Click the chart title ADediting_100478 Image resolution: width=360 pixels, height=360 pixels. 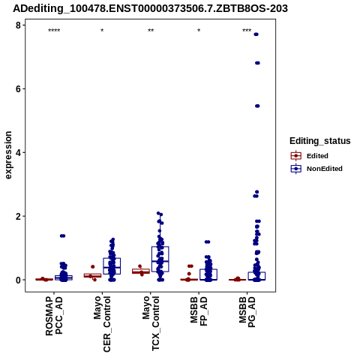tap(150, 8)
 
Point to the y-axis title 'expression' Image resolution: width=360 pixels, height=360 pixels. tap(8, 155)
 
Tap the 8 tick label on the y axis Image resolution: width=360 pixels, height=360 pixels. tap(18, 25)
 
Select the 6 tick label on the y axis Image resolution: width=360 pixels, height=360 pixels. tap(18, 89)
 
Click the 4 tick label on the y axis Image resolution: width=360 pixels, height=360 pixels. tap(18, 152)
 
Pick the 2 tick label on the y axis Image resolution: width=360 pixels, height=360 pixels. tap(18, 216)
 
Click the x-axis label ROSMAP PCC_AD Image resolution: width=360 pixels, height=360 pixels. tap(54, 316)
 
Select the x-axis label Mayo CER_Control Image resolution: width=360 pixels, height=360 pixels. tap(102, 324)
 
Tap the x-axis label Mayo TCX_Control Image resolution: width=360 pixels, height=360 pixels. tap(151, 323)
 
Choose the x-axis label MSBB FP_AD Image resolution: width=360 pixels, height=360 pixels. tap(199, 311)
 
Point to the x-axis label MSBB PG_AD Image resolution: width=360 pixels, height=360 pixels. tap(247, 312)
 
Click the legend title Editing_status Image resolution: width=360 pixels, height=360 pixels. tap(320, 141)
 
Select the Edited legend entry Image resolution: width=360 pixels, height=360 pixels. tap(310, 156)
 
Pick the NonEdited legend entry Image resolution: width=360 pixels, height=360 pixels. tap(316, 169)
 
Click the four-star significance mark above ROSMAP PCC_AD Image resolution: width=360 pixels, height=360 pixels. tap(54, 31)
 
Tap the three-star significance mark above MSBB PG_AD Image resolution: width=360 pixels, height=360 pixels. tap(247, 31)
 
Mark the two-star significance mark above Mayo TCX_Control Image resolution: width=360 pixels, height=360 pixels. tap(151, 31)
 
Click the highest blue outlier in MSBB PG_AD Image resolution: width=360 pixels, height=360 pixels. tap(256, 34)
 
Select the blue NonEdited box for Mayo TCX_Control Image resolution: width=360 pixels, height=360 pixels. tap(160, 259)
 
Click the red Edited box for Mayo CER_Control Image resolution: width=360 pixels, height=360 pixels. tap(92, 275)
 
